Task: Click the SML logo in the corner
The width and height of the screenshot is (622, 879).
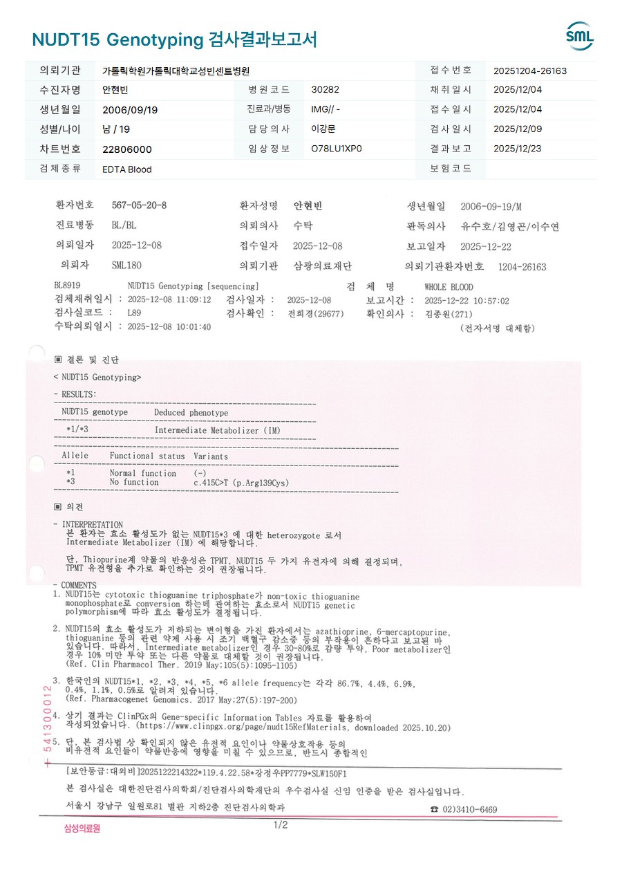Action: [579, 36]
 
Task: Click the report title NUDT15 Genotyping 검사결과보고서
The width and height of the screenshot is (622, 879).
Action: [174, 39]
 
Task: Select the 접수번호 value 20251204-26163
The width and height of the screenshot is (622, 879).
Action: [530, 71]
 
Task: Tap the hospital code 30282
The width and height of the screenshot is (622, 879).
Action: [326, 90]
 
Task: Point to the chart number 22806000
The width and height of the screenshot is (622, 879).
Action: [126, 149]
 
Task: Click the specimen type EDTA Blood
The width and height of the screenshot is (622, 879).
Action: [126, 169]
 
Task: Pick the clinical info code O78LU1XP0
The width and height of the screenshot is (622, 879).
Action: [337, 149]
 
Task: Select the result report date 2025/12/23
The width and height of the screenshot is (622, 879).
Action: [518, 149]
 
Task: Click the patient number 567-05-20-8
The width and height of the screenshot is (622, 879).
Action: [139, 205]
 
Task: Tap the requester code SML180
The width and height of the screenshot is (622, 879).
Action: [126, 266]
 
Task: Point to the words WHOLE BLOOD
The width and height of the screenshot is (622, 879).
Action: [449, 286]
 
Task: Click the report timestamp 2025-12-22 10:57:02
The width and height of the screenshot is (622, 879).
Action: [466, 301]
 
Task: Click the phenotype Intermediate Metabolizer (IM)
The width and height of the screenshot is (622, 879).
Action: [218, 430]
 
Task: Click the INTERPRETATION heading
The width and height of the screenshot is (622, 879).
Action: [93, 525]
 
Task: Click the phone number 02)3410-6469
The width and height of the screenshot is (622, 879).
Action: [469, 810]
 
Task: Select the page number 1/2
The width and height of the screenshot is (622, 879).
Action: [281, 825]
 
